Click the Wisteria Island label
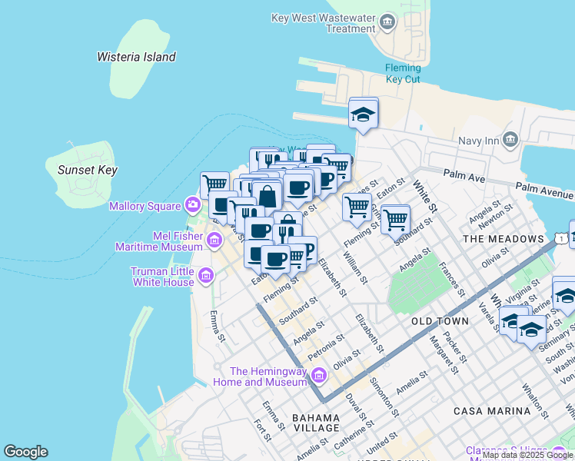coord(136,57)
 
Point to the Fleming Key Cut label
coord(403,73)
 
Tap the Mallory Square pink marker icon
coord(192,204)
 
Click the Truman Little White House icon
coord(205,276)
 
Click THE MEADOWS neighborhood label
coord(503,239)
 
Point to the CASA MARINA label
coord(492,411)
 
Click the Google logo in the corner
coord(25,452)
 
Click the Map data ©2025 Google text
coord(527,455)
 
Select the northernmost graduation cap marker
coord(364,115)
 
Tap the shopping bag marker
coord(267,196)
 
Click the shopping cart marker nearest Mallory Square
coord(216,184)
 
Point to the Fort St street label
coord(263,432)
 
